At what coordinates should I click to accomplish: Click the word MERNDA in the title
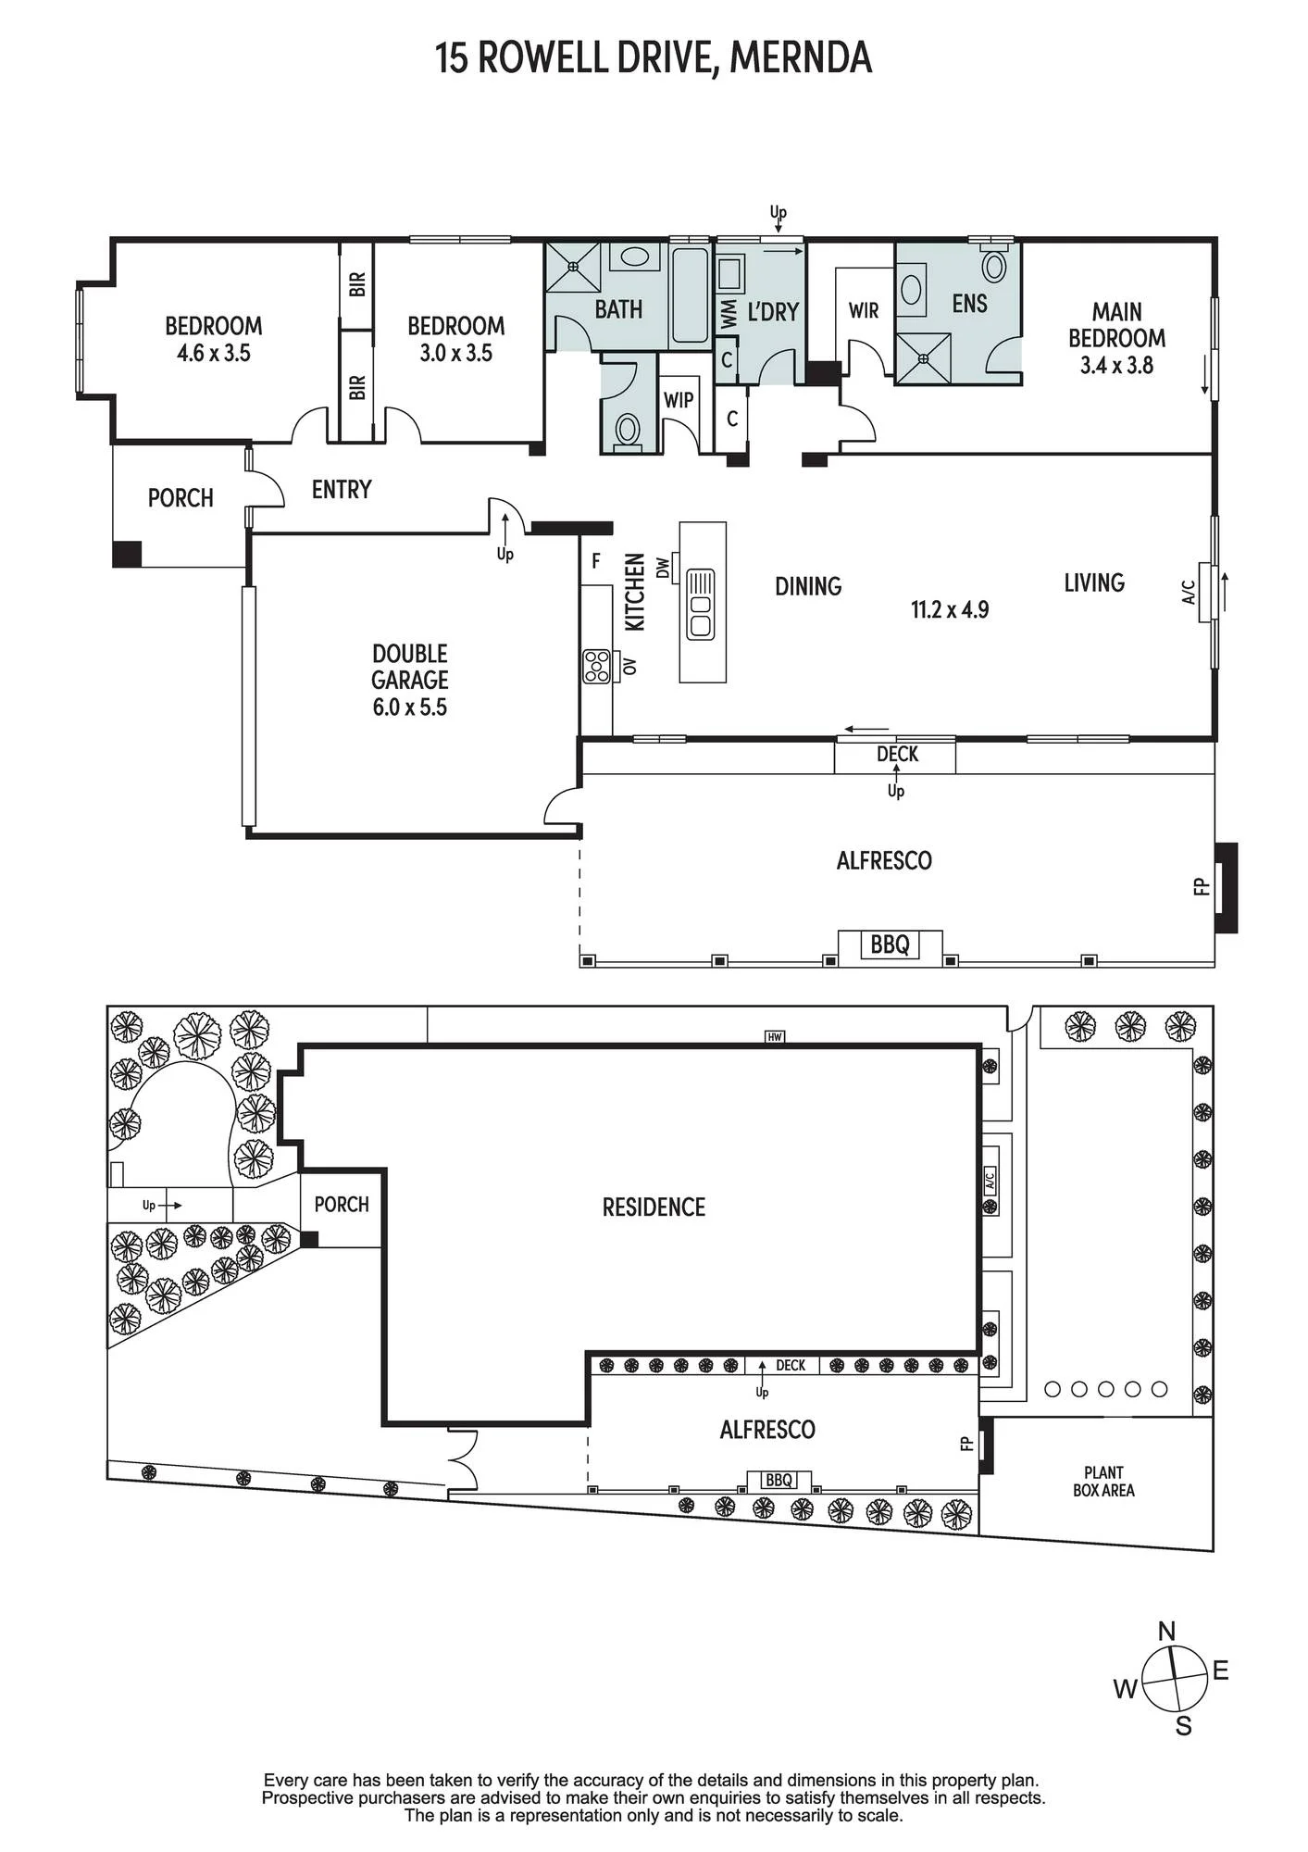coord(801,58)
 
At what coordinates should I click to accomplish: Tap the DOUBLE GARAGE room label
coord(409,667)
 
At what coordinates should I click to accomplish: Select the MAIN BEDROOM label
coord(1116,325)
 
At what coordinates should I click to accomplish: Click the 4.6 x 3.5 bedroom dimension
coord(214,353)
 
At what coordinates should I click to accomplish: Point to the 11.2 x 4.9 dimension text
coord(950,609)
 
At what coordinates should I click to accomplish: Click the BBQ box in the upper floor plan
coord(891,945)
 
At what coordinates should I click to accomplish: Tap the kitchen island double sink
coord(700,604)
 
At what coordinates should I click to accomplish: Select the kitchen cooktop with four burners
coord(597,667)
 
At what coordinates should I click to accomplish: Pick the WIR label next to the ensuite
coord(864,311)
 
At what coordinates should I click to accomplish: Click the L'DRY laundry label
coord(773,312)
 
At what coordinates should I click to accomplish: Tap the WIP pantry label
coord(679,400)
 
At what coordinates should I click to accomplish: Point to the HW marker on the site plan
coord(775,1037)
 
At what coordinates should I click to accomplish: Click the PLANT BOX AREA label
coord(1103,1481)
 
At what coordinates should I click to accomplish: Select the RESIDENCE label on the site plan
coord(654,1208)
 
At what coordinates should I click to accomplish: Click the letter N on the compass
coord(1167,1631)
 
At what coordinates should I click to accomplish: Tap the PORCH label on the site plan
coord(342,1205)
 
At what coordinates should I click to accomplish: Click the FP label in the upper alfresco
coord(1202,886)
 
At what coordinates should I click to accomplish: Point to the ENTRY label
coord(342,489)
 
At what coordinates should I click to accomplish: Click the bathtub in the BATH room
coord(691,295)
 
